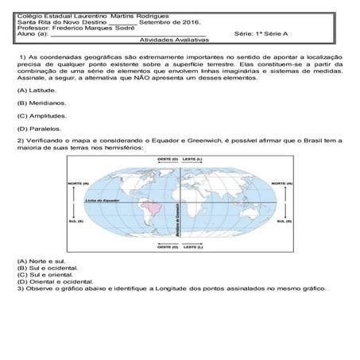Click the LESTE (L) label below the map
192,247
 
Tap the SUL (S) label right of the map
281,223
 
